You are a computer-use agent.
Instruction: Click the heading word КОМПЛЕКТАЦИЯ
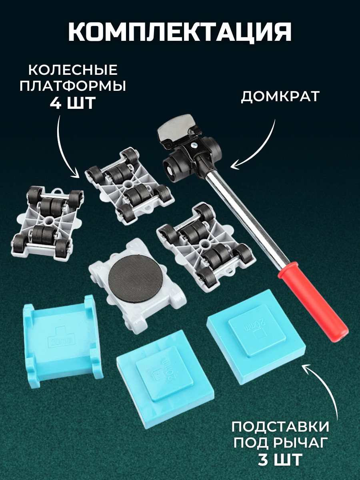coord(180,31)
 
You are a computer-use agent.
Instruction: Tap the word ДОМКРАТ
coord(280,96)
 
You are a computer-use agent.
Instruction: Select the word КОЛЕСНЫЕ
coord(73,70)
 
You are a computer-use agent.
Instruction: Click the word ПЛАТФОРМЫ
coord(73,86)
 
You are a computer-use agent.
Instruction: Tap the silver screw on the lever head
coord(194,146)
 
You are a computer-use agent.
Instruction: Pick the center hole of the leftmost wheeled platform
coord(48,220)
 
